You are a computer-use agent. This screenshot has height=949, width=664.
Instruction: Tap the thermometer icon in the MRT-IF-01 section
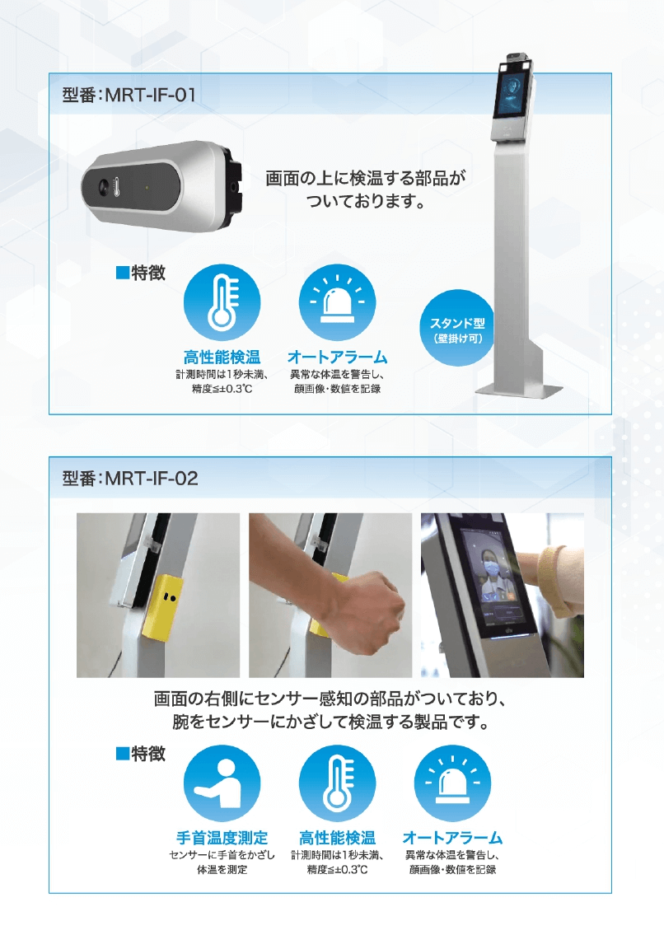pos(222,302)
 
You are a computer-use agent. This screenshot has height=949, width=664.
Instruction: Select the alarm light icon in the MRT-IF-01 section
pos(337,302)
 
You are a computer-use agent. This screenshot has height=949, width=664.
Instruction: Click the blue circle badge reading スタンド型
pos(457,329)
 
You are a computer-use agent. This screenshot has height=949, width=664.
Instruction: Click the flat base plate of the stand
pos(519,390)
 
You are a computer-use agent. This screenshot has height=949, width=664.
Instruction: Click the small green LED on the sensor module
pos(147,188)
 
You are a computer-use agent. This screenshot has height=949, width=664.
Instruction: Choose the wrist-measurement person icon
pos(222,783)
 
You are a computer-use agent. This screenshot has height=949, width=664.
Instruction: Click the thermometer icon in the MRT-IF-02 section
pos(337,783)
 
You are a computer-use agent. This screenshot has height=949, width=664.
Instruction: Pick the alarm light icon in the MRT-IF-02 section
pos(452,783)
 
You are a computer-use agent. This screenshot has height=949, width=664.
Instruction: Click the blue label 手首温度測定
pos(222,838)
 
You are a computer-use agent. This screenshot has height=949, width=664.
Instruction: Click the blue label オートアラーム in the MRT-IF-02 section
pos(453,838)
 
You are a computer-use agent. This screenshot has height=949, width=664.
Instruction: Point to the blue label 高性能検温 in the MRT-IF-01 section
pos(222,357)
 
